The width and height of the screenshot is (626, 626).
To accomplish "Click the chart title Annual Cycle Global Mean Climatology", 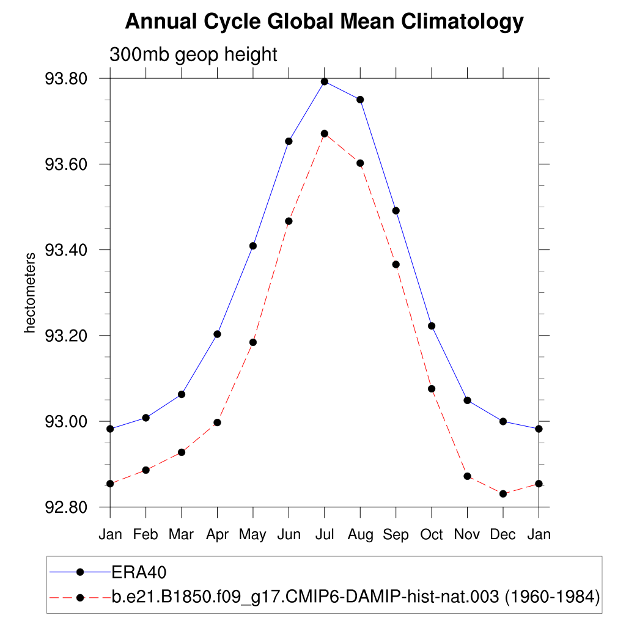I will tap(324, 22).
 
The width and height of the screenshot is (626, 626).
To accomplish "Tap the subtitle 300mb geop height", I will tap(193, 54).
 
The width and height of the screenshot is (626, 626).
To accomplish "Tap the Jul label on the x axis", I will tap(325, 534).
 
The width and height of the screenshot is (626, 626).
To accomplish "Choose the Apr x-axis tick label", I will tap(217, 534).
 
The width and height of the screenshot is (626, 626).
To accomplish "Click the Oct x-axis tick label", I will tap(432, 534).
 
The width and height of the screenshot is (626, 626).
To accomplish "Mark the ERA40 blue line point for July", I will tap(325, 81).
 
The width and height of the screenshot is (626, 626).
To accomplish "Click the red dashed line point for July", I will tap(325, 133).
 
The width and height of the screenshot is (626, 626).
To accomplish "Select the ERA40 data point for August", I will tap(360, 100).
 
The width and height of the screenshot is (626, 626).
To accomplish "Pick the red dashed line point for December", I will tap(503, 493).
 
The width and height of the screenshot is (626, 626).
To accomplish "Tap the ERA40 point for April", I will tap(217, 334).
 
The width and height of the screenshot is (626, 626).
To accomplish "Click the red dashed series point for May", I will tap(253, 342).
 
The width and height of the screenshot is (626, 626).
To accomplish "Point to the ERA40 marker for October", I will tap(432, 326).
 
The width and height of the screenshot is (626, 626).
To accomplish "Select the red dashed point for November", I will tap(468, 476).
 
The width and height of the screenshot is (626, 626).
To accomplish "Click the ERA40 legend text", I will tap(139, 572).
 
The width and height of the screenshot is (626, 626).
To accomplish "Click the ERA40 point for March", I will tap(182, 394).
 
